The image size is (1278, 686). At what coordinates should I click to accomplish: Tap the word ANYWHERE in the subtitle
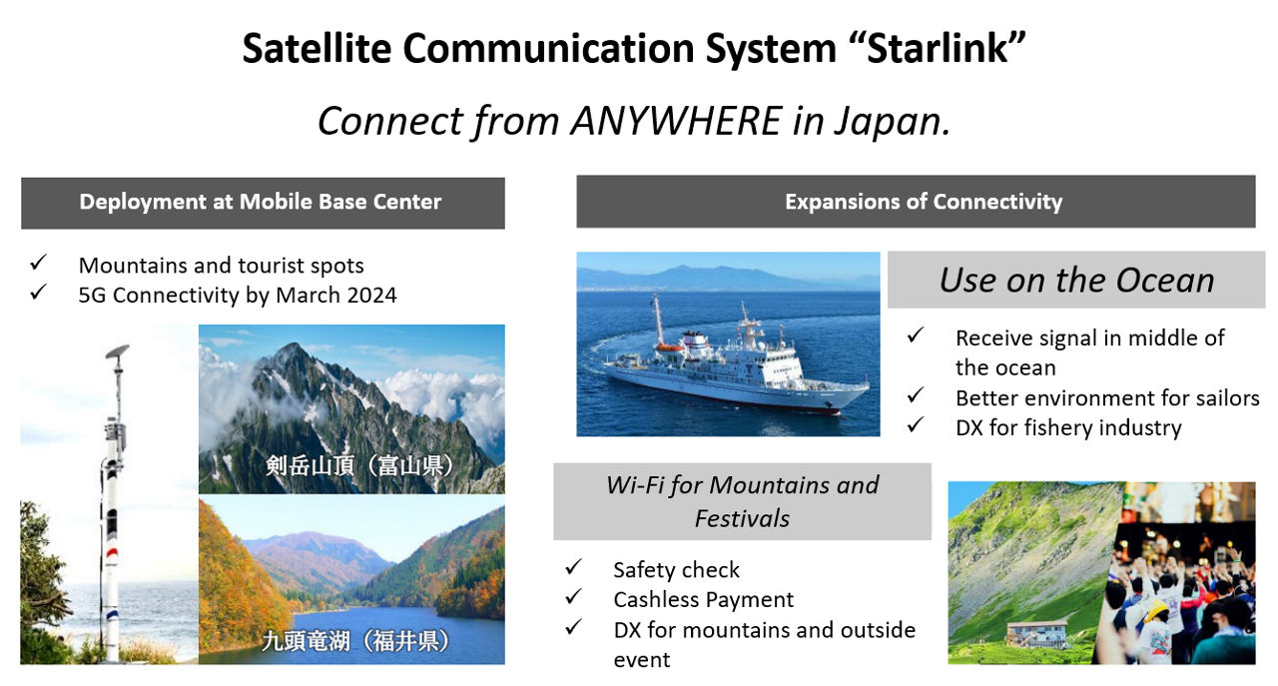click(x=676, y=121)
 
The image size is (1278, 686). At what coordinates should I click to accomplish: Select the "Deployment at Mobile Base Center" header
click(x=263, y=203)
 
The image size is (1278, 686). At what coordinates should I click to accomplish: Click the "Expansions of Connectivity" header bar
click(x=916, y=202)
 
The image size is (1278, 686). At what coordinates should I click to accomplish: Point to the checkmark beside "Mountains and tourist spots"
click(x=39, y=263)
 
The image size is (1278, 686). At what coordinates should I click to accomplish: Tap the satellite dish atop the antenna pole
click(x=118, y=351)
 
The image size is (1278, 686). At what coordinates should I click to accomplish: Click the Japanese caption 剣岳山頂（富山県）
click(x=359, y=465)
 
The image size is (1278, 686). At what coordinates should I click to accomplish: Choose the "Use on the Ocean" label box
click(x=1076, y=280)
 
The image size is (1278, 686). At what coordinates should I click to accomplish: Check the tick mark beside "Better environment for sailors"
click(x=916, y=395)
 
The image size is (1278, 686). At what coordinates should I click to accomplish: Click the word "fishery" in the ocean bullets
click(x=1059, y=427)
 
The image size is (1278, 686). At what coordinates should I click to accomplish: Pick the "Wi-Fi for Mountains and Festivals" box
click(x=742, y=501)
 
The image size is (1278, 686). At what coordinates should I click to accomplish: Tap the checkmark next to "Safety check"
click(x=573, y=567)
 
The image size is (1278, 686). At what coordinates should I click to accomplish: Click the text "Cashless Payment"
click(x=704, y=600)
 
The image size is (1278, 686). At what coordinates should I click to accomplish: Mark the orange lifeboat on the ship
click(x=669, y=347)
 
